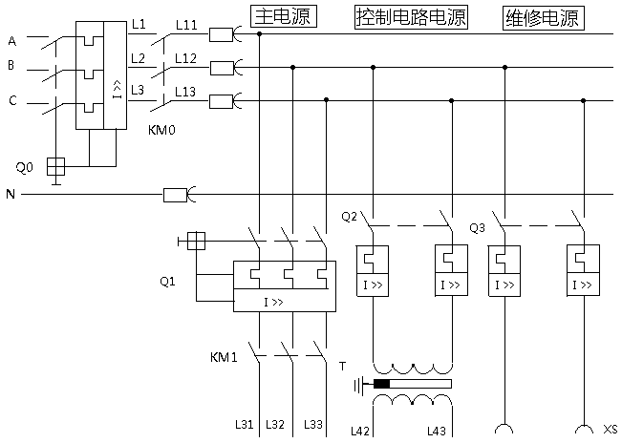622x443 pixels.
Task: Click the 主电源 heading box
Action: coord(283,17)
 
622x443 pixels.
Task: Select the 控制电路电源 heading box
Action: coord(412,17)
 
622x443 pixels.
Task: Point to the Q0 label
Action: coord(25,167)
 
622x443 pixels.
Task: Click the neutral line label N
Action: coord(11,195)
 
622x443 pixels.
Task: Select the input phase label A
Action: coord(11,41)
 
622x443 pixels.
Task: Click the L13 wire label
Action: coord(187,90)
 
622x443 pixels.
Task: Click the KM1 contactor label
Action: coord(223,358)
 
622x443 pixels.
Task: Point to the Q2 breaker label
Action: coord(349,217)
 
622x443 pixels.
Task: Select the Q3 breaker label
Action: coord(479,228)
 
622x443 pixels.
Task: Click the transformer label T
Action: coord(342,366)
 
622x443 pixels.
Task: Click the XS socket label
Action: coord(611,428)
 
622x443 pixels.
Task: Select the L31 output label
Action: coord(244,425)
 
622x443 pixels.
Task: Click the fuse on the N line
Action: coord(175,195)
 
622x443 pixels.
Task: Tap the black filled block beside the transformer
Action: coord(382,385)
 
